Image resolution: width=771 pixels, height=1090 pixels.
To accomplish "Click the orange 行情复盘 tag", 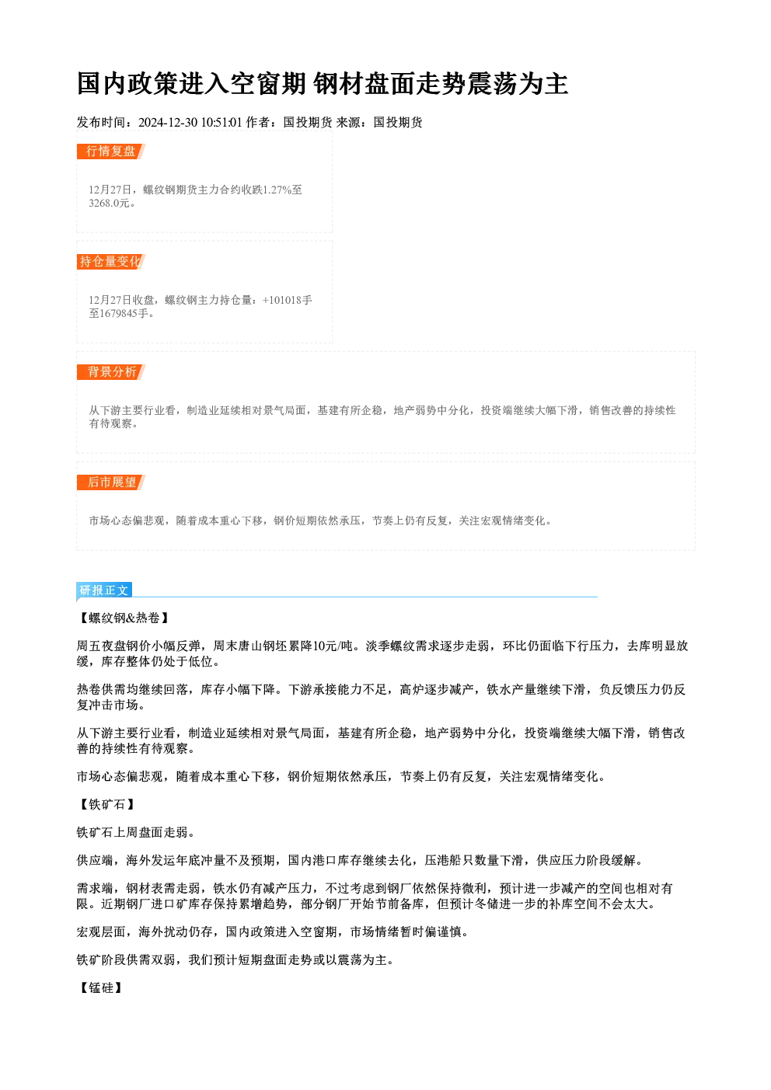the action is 111,151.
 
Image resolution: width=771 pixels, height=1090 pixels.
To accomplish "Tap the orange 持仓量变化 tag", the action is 111,262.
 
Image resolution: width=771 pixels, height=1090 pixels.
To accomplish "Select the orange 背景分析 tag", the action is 111,372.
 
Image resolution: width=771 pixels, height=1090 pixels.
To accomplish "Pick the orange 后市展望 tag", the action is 111,482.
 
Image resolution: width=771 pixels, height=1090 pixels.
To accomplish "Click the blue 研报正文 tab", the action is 104,590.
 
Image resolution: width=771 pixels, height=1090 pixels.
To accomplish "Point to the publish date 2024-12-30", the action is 168,122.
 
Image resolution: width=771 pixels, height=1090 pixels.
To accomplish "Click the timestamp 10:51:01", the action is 222,122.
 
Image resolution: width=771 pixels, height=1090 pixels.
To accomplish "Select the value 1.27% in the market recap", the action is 277,190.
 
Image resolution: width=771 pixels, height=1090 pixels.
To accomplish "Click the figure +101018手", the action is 287,300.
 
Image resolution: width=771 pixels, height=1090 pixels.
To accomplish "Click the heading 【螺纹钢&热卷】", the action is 124,618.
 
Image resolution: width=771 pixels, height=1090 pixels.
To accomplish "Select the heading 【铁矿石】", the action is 106,804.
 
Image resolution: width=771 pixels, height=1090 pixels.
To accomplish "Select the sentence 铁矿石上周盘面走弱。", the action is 136,832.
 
